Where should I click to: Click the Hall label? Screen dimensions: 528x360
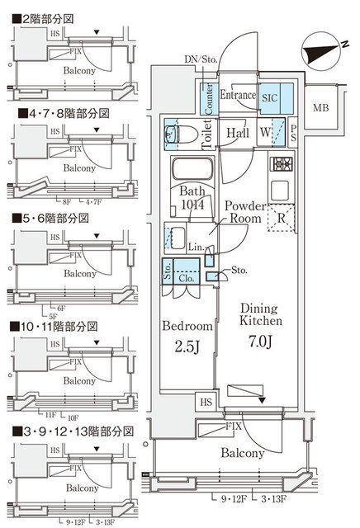pos(239,133)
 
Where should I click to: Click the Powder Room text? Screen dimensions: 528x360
pos(244,213)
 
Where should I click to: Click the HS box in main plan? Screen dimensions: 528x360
pos(206,402)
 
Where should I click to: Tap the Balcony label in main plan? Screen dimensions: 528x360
pos(242,453)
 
